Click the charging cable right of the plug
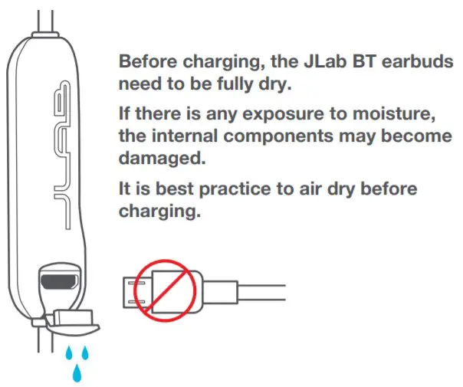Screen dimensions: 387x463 (253, 290)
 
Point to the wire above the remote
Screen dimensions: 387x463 (48, 15)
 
